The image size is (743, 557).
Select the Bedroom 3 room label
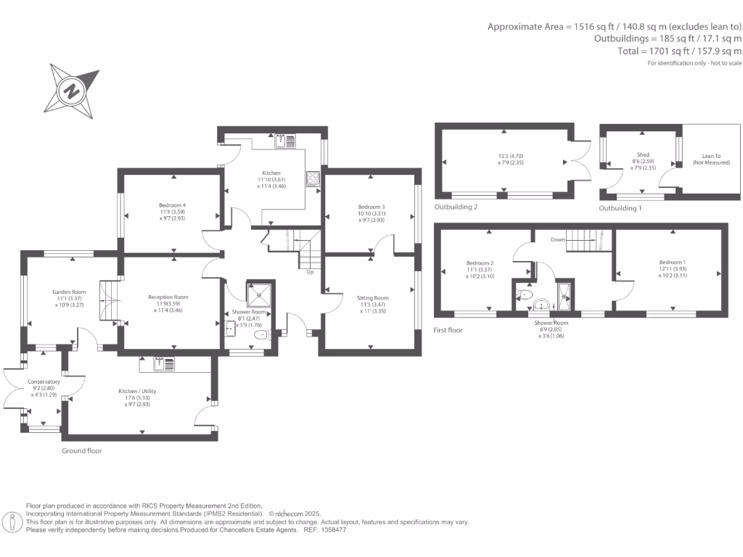coord(371,207)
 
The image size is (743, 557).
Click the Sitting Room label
coord(372,297)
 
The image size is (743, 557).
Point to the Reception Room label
coord(168,297)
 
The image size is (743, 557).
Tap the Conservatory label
coord(44,381)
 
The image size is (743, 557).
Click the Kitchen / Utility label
coord(138,391)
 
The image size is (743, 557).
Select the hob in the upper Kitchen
coord(313,178)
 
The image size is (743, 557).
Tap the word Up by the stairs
coord(311,272)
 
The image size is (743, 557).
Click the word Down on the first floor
coord(558,239)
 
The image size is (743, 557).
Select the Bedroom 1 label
coord(672,262)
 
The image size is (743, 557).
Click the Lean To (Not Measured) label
coord(712,158)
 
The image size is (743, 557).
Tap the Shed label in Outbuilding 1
coord(643,154)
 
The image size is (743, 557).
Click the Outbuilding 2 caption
coord(456,207)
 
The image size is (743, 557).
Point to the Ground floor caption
coord(82,450)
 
